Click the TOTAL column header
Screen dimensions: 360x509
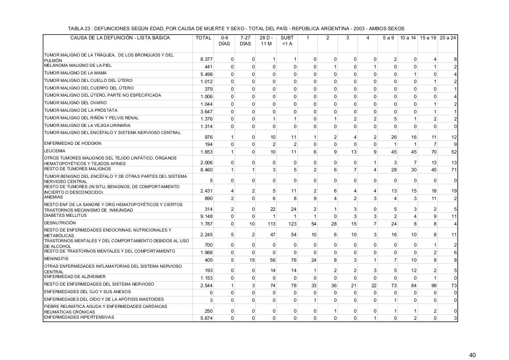(203, 38)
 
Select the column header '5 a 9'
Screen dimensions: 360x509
(388, 38)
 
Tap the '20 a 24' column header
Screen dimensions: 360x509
(448, 38)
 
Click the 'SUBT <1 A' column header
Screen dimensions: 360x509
(287, 41)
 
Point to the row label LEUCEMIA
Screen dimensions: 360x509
(54, 151)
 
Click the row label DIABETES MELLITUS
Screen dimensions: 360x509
(65, 215)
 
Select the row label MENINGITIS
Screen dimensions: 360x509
(55, 259)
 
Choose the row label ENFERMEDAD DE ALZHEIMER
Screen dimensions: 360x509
(75, 276)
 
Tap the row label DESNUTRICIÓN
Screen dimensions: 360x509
(60, 223)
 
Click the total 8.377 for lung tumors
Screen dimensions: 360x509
(206, 59)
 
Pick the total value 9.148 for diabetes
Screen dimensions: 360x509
(206, 216)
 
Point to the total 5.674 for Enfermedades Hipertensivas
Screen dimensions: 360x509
(206, 318)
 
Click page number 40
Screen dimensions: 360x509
(472, 344)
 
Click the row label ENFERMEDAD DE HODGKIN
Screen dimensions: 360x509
(72, 143)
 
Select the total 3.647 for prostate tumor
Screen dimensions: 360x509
(206, 112)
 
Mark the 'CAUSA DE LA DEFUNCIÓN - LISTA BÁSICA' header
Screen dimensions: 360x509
(120, 38)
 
